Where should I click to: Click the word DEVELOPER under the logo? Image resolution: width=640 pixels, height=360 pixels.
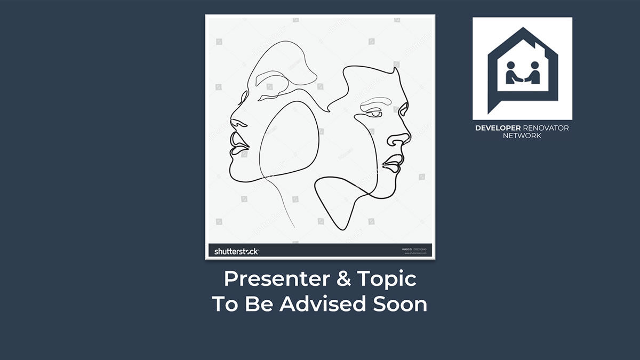[x=497, y=128]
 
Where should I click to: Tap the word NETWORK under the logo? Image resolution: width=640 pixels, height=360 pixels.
[x=522, y=135]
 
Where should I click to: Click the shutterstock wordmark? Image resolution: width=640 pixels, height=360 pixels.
[x=236, y=251]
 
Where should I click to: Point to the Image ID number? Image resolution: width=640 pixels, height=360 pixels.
[x=419, y=249]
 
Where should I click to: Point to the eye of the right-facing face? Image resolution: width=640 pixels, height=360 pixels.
[x=376, y=113]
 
